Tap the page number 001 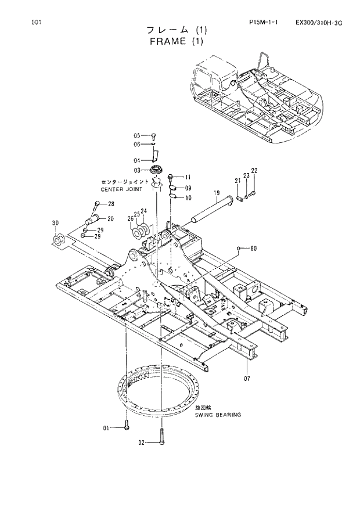pyautogui.click(x=36, y=23)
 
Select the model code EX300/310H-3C pyautogui.click(x=318, y=23)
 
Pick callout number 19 pyautogui.click(x=215, y=193)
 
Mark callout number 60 pyautogui.click(x=253, y=249)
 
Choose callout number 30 pyautogui.click(x=55, y=223)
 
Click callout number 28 pyautogui.click(x=110, y=204)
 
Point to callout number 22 pyautogui.click(x=254, y=170)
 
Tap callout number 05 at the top pyautogui.click(x=137, y=135)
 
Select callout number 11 pyautogui.click(x=188, y=177)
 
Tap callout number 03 pyautogui.click(x=137, y=170)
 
